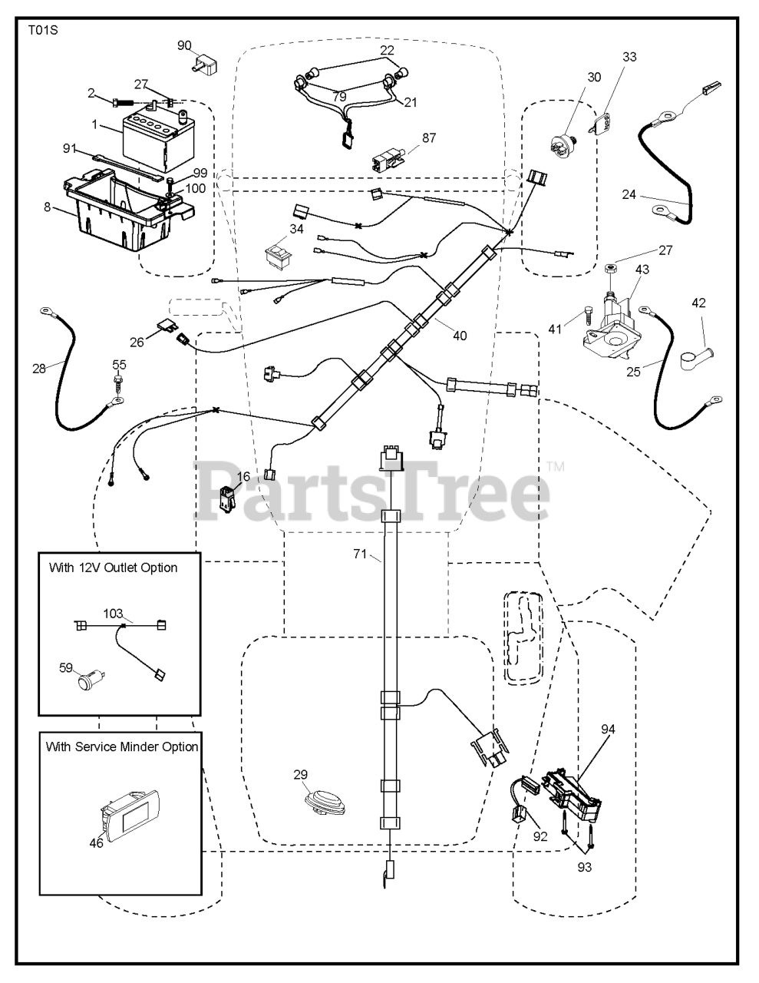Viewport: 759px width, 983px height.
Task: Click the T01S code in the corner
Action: coord(43,31)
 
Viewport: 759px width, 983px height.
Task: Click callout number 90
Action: coord(184,45)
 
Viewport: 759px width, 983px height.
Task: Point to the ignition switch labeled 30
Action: coord(563,143)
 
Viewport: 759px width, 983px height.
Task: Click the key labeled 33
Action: coord(600,123)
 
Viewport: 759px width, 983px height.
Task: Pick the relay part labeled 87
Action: coord(388,161)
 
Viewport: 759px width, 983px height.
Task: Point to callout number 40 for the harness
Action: coord(459,336)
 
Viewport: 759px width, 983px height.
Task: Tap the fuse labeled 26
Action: coord(164,326)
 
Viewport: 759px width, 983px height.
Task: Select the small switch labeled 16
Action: coord(227,498)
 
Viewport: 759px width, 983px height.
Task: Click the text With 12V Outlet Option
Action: coord(113,568)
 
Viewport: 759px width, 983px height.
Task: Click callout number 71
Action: coord(360,554)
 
